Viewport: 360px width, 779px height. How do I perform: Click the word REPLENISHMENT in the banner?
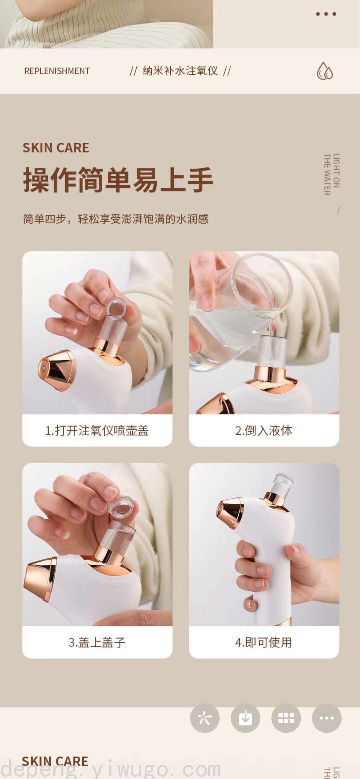[57, 71]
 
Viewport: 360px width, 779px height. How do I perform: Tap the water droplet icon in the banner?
[325, 71]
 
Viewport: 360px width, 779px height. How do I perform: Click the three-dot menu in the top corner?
[326, 14]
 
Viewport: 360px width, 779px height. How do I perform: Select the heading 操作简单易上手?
[118, 180]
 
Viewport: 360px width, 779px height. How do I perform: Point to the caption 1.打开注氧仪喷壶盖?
[97, 431]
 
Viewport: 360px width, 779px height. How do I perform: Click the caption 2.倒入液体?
[264, 431]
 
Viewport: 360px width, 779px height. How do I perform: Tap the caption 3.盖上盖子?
[97, 642]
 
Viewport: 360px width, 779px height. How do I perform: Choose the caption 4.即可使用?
[264, 642]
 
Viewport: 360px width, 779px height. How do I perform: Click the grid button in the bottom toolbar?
[286, 718]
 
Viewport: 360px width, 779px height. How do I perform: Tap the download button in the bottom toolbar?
[245, 718]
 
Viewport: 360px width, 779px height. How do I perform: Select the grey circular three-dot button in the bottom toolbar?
[327, 718]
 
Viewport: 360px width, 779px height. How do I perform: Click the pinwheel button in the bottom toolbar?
[205, 718]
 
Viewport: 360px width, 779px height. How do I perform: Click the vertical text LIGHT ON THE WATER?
[332, 174]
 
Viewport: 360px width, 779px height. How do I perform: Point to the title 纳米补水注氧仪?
[180, 71]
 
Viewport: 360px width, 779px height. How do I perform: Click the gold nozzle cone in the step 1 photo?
[57, 370]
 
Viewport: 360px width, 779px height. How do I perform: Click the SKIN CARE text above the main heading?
[56, 148]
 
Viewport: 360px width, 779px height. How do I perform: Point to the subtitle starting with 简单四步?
[116, 219]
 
